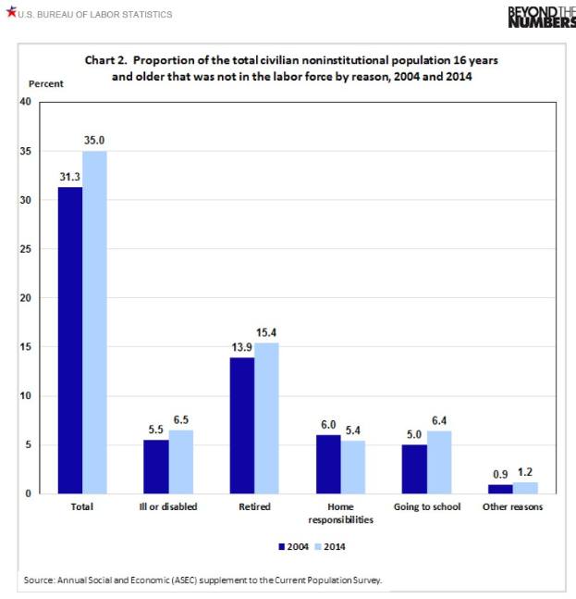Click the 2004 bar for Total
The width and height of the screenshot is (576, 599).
[69, 340]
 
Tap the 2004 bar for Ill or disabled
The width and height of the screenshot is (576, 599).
[155, 467]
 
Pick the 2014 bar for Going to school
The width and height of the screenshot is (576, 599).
[439, 462]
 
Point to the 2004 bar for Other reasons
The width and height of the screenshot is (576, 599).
[500, 489]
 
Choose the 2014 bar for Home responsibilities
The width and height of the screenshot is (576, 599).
[353, 467]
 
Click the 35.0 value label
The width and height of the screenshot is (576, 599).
[94, 140]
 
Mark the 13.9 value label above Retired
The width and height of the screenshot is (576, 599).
[242, 346]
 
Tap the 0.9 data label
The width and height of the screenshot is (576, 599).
[500, 473]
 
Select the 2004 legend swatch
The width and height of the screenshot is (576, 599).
[281, 546]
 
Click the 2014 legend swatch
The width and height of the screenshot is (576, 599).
[317, 546]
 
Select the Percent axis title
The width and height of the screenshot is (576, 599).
[46, 84]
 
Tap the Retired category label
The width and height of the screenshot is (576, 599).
[254, 507]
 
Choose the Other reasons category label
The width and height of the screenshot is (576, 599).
[513, 507]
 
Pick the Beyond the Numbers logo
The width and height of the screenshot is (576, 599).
[541, 16]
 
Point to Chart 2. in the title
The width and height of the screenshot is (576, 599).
[107, 60]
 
